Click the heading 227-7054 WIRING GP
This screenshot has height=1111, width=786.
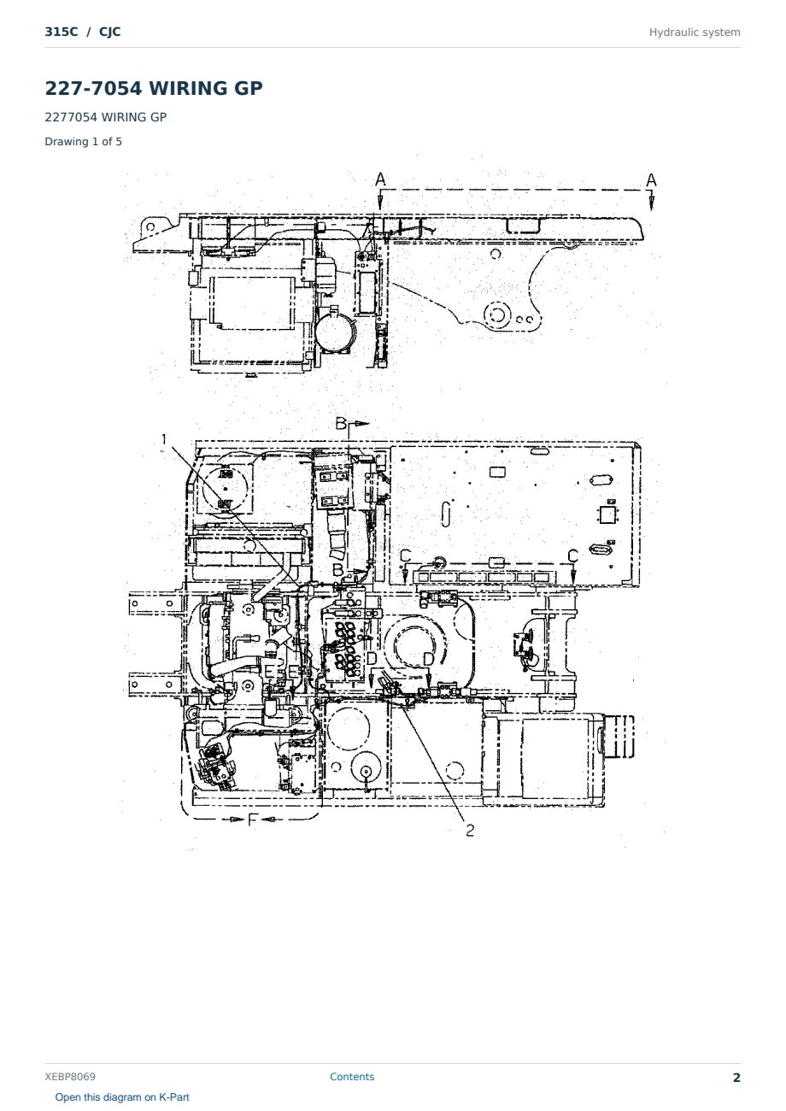(x=154, y=88)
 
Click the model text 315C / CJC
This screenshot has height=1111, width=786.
(x=82, y=32)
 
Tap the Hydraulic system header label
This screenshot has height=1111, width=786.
(x=695, y=32)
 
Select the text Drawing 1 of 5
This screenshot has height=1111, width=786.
(x=84, y=142)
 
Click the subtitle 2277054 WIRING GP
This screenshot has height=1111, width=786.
(x=106, y=118)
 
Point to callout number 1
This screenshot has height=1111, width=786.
(x=164, y=439)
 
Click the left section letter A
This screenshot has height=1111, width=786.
(x=380, y=179)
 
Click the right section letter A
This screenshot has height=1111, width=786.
(x=651, y=179)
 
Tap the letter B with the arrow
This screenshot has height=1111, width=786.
(x=341, y=424)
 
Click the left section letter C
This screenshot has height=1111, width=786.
(x=406, y=555)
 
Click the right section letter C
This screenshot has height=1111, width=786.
(x=572, y=555)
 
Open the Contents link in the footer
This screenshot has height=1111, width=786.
(x=352, y=1077)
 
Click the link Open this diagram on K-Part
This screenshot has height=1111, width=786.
(x=122, y=1097)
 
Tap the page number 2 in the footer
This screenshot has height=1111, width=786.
(x=736, y=1078)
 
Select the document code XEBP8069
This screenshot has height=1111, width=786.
(x=70, y=1077)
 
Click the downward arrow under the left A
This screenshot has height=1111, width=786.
(x=380, y=202)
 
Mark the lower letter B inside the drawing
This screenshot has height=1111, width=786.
(x=337, y=570)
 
